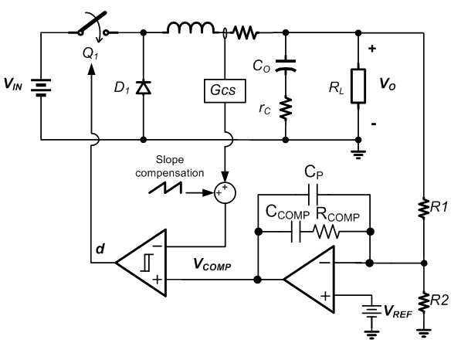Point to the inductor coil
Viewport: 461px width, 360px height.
click(189, 29)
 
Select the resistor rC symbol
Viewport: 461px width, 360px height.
click(286, 109)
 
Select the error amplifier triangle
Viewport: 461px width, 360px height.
click(310, 279)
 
